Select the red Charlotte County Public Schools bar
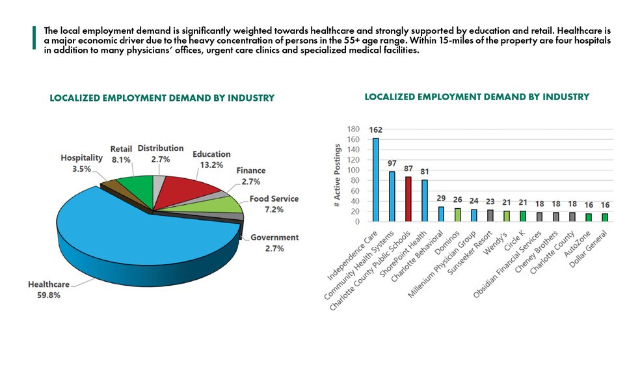click(408, 198)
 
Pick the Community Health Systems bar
click(392, 196)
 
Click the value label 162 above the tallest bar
click(375, 129)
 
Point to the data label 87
click(408, 168)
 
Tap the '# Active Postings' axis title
click(338, 176)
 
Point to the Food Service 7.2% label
click(274, 203)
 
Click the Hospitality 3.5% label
click(81, 162)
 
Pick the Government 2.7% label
click(274, 242)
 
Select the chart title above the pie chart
click(162, 98)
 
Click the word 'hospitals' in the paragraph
click(593, 41)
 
